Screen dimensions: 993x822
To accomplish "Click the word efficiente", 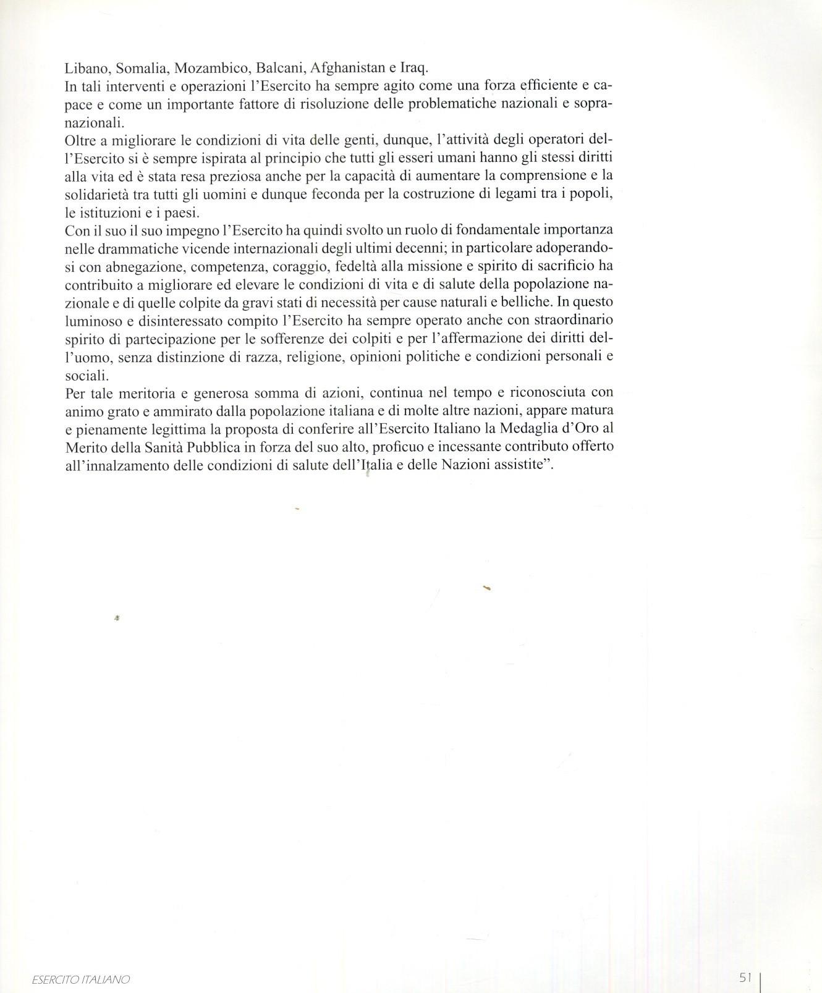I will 544,85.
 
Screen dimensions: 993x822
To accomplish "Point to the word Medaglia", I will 517,428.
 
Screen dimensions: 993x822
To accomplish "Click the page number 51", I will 745,978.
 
